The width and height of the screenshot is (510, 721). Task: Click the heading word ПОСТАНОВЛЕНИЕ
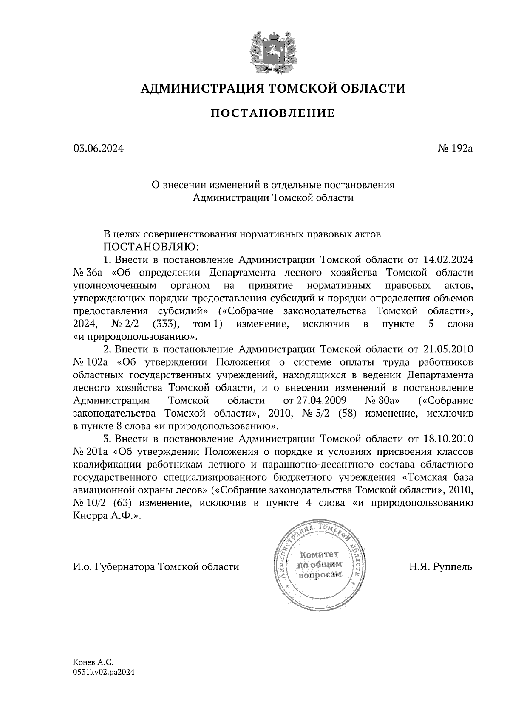[273, 113]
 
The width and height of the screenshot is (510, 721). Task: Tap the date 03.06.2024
[99, 149]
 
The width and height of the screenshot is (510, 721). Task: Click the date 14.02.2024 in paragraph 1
[449, 259]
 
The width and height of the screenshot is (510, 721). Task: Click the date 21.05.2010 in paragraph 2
[449, 349]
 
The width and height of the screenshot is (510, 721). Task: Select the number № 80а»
[382, 401]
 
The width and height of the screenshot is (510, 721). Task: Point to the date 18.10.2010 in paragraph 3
[449, 439]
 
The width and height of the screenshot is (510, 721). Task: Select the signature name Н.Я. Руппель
[441, 566]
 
